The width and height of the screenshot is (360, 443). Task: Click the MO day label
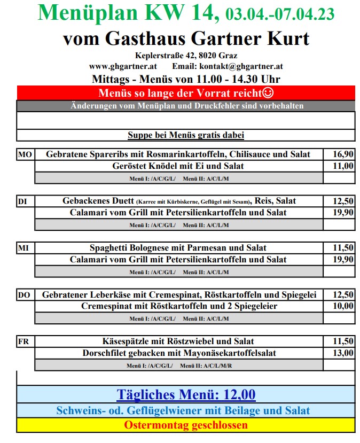[x=25, y=154]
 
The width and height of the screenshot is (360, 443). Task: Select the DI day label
[x=22, y=201]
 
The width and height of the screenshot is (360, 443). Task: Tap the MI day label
[x=24, y=248]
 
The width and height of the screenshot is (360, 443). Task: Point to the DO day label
[x=25, y=295]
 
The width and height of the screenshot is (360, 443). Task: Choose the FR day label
[x=24, y=341]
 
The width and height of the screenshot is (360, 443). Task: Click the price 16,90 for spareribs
[x=343, y=154]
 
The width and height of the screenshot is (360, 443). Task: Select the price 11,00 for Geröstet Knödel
[x=343, y=166]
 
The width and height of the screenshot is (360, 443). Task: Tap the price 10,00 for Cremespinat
[x=343, y=306]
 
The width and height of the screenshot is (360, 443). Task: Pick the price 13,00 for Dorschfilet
[x=343, y=353]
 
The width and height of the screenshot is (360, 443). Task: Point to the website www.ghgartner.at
[x=122, y=67]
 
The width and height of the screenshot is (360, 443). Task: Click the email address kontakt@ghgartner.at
[x=241, y=67]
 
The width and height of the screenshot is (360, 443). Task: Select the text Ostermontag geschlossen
[x=186, y=425]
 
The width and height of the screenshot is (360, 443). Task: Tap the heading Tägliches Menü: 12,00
[x=186, y=395]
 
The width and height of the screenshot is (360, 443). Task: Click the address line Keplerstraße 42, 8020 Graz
[x=186, y=56]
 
